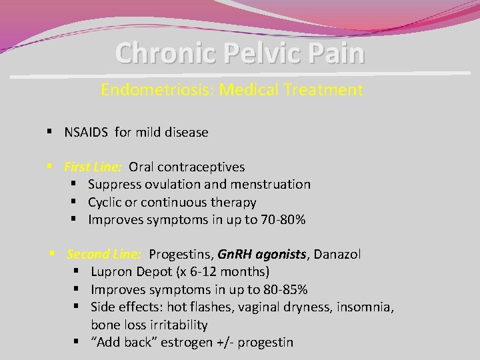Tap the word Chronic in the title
(x=159, y=53)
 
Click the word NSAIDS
(x=87, y=132)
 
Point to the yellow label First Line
(x=92, y=167)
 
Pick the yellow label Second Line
(x=104, y=254)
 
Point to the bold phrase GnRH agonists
(x=262, y=254)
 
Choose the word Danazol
(x=337, y=254)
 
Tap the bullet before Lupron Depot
(x=77, y=272)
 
